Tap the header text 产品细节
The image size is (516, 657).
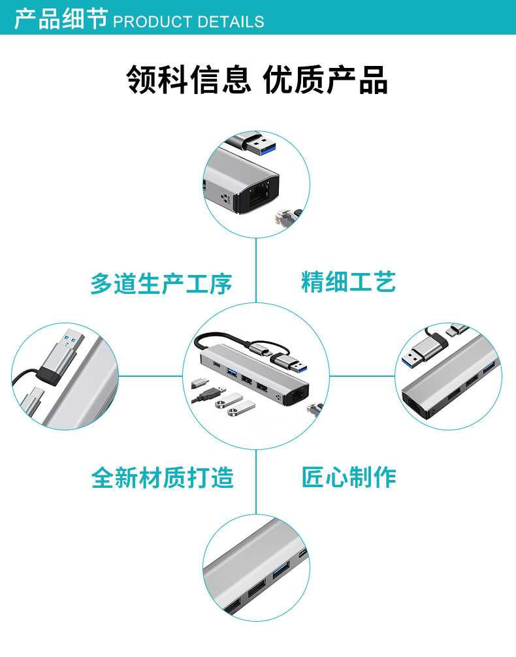click(61, 20)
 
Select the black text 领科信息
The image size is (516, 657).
click(188, 80)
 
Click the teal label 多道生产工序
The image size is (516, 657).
click(161, 284)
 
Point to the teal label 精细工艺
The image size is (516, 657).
click(348, 282)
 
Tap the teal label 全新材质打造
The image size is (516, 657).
click(163, 478)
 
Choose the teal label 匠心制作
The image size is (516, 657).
click(348, 477)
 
